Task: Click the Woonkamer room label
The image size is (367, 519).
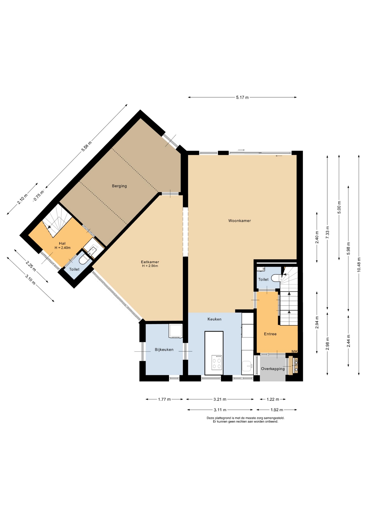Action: point(239,221)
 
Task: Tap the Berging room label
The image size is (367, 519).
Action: point(119,186)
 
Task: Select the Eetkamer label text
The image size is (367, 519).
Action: point(150,262)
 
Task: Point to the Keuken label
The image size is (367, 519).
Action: point(214,319)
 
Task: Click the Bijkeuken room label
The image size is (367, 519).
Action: point(164,350)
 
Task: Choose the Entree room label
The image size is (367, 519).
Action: point(270,334)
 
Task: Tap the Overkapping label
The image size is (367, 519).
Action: point(273,369)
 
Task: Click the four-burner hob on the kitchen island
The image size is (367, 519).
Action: point(217,362)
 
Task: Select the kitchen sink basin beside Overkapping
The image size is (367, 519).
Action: point(247,366)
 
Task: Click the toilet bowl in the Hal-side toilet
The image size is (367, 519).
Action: point(84,259)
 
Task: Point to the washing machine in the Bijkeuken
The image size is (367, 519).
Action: point(175,331)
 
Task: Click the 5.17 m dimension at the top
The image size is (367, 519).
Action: point(242,97)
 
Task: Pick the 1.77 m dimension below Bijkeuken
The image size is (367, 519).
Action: point(164,399)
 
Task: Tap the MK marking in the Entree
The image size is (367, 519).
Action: point(295,351)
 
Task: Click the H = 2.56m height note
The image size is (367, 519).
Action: point(150,266)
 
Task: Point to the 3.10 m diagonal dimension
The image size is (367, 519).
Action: point(30,279)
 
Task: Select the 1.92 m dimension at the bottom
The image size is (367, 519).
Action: point(277,410)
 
